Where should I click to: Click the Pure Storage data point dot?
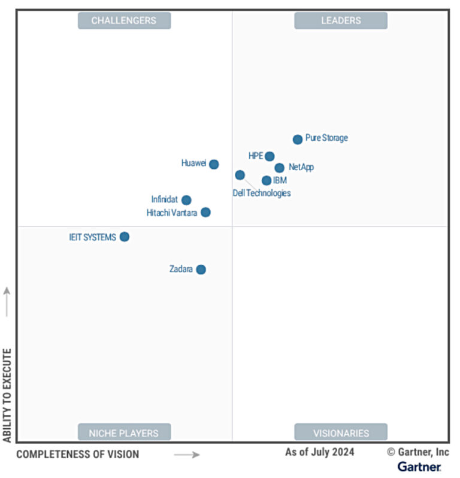point(298,140)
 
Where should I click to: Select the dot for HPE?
point(270,156)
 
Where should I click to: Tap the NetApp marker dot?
point(279,168)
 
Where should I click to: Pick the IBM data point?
point(267,180)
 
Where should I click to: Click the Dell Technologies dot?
point(240,175)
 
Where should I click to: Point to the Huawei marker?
point(214,164)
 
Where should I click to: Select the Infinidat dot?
point(186,200)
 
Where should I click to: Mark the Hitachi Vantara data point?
point(205,212)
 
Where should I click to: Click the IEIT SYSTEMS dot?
point(124,237)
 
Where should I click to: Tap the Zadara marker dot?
point(201,270)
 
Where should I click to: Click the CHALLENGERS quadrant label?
point(124,20)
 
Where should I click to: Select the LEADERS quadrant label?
point(341,20)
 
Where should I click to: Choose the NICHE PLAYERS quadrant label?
point(124,432)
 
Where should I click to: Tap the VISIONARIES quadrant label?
point(341,432)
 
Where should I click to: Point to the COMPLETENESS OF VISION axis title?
point(77,454)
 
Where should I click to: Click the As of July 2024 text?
point(319,452)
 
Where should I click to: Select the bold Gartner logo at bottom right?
point(419,467)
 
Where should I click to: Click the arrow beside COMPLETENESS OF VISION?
point(187,455)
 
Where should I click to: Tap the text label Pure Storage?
point(326,138)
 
